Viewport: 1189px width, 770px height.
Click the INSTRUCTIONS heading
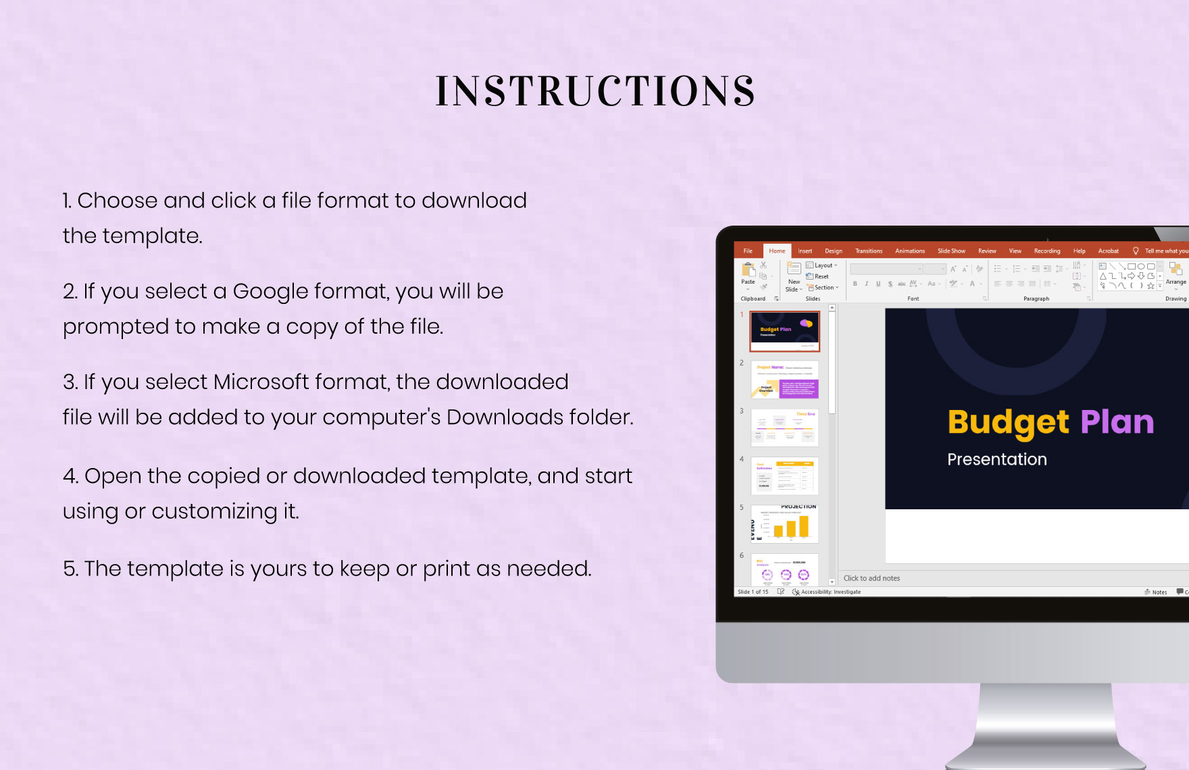click(595, 91)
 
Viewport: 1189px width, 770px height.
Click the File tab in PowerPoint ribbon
click(748, 251)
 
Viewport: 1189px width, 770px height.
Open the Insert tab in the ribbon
click(805, 251)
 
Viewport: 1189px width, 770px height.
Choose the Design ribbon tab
click(833, 251)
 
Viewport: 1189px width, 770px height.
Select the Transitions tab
click(868, 251)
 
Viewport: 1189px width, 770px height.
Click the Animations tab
click(909, 251)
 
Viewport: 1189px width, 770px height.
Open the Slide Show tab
click(951, 251)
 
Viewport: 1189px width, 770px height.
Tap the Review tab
click(987, 251)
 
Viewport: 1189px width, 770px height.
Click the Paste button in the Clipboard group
click(748, 274)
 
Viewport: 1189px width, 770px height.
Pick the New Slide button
click(794, 277)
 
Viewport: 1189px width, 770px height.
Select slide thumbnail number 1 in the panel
click(784, 331)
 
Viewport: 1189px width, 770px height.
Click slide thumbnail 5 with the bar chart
click(784, 523)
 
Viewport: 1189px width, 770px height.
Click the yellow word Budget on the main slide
click(1008, 423)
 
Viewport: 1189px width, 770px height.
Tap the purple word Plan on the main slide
click(1117, 422)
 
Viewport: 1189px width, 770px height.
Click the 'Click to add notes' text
click(871, 578)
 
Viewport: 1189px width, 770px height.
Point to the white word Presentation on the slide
click(996, 459)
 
